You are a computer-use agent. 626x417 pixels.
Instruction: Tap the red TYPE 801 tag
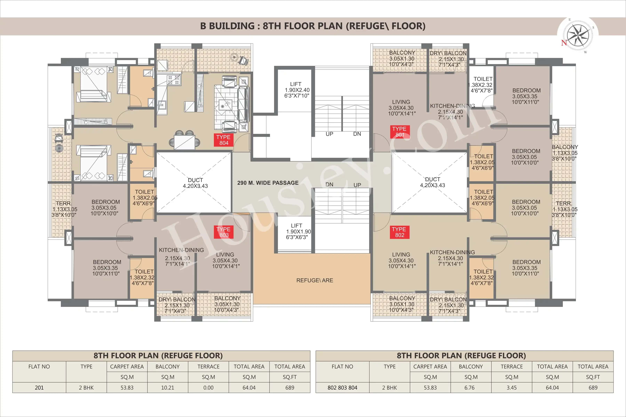tap(399, 132)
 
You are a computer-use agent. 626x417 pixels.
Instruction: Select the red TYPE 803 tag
tap(224, 232)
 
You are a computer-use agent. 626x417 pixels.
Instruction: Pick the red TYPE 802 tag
tap(399, 232)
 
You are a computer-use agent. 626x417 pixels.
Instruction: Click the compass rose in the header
tap(578, 35)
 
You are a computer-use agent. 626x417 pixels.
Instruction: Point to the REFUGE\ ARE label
tap(315, 280)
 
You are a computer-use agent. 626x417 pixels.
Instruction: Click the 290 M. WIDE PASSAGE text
tap(268, 183)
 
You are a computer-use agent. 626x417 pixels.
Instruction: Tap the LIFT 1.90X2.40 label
tap(296, 90)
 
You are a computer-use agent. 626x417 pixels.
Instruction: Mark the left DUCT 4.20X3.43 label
tap(195, 183)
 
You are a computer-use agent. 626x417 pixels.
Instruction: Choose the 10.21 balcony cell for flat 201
tap(167, 388)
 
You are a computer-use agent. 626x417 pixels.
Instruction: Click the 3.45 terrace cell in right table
tap(511, 388)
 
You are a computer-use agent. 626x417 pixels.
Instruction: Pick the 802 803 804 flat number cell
tap(342, 388)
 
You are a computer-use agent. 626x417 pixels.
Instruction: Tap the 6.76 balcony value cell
tap(471, 388)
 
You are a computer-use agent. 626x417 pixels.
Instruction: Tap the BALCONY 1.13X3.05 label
tap(564, 153)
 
